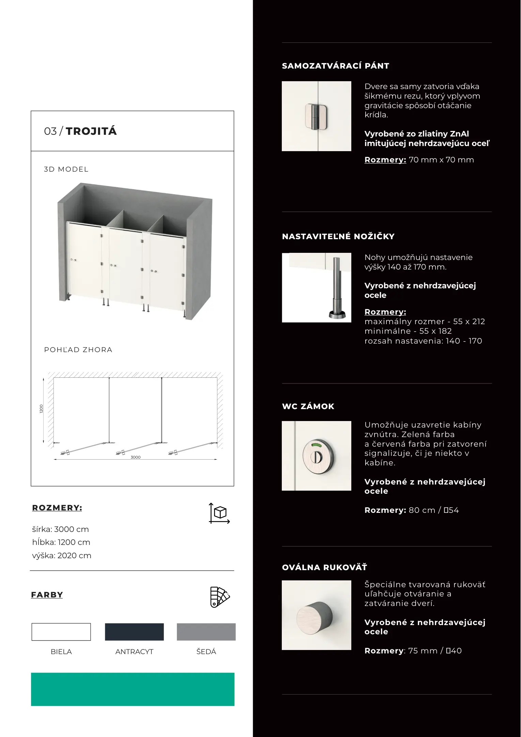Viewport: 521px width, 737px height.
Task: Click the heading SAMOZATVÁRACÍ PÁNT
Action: click(335, 66)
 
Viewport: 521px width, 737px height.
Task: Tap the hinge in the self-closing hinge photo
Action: click(316, 117)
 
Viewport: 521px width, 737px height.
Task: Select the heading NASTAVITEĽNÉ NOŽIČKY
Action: click(338, 236)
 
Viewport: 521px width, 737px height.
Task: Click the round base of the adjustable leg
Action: click(337, 314)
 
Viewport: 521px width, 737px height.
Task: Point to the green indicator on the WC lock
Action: click(317, 445)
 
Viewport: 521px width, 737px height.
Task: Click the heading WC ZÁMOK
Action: click(308, 406)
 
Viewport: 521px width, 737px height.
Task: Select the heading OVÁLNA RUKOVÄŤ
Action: click(324, 567)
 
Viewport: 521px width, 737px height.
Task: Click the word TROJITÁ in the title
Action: click(91, 131)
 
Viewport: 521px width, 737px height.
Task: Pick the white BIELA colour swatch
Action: click(61, 632)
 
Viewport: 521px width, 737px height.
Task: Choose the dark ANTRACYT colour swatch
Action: click(134, 632)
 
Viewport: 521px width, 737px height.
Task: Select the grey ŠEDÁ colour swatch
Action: click(206, 632)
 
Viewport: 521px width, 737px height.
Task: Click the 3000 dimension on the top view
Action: click(136, 457)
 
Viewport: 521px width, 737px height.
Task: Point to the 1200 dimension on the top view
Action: click(42, 409)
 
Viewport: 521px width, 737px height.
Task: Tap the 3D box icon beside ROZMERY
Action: click(219, 513)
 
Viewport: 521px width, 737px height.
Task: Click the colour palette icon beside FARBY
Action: click(220, 597)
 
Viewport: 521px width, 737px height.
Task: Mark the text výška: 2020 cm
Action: click(62, 555)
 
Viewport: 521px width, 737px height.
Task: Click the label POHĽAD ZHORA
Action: click(78, 350)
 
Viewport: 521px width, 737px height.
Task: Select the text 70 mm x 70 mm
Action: click(441, 160)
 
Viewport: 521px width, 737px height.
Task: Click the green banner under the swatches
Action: click(133, 689)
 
